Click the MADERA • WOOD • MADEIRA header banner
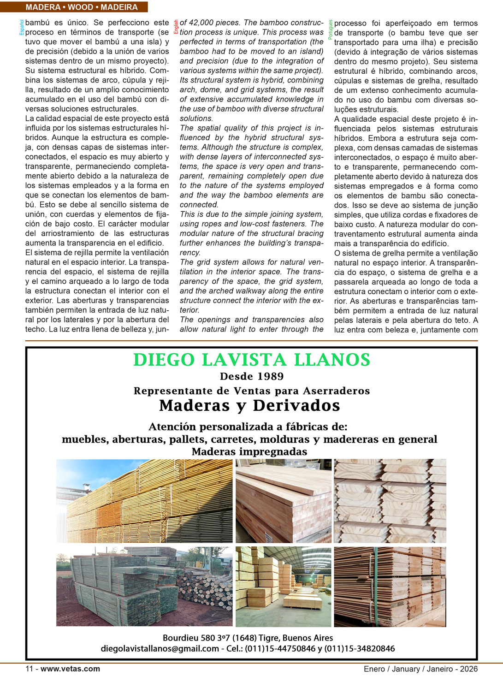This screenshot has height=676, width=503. coord(82,7)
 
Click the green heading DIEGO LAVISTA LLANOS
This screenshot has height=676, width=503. coord(252,360)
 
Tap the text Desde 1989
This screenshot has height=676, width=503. coord(252,376)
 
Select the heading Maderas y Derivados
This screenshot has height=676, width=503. coord(249,405)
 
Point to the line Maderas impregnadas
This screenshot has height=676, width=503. coord(249,451)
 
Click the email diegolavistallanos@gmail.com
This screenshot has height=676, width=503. coord(160,648)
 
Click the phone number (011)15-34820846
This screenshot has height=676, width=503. coord(360,648)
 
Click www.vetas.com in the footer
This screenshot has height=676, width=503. coord(70,669)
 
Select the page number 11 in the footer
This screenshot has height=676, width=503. coord(29,669)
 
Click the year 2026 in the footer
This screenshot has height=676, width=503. coord(468,669)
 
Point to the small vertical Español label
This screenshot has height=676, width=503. coord(22,28)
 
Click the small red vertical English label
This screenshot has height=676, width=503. coord(176,27)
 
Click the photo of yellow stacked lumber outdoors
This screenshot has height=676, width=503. coord(144,500)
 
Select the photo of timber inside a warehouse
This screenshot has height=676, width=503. coord(284,587)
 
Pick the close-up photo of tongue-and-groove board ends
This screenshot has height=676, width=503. coord(390,500)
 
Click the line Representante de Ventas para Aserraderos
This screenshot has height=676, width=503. coord(252,391)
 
